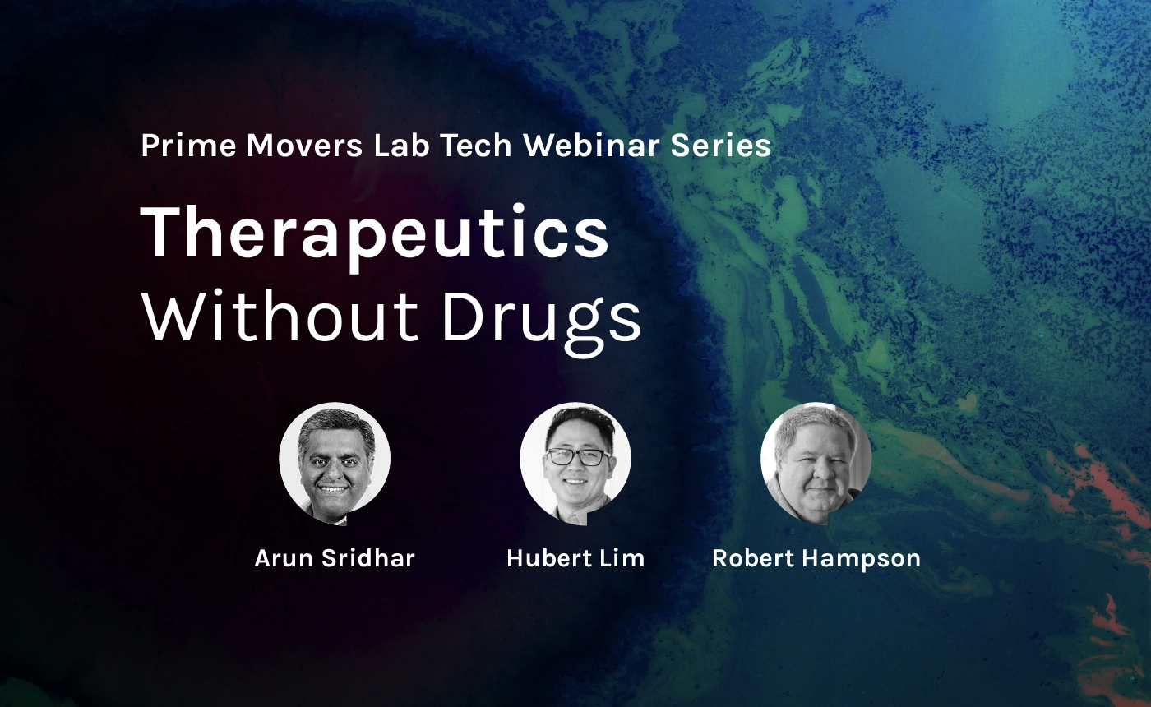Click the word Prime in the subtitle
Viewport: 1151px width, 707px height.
[x=188, y=146]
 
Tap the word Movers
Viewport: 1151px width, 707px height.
[x=304, y=146]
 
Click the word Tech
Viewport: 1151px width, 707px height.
[x=475, y=146]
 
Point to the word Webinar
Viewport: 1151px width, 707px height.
[x=591, y=146]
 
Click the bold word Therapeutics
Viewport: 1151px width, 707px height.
[x=375, y=233]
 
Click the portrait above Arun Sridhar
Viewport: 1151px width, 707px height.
[x=335, y=463]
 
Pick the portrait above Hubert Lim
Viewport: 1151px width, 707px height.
[x=575, y=463]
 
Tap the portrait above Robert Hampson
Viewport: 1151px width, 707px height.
[x=816, y=463]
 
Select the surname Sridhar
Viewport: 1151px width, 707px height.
[x=368, y=558]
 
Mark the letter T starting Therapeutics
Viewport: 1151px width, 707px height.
[x=163, y=232]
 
